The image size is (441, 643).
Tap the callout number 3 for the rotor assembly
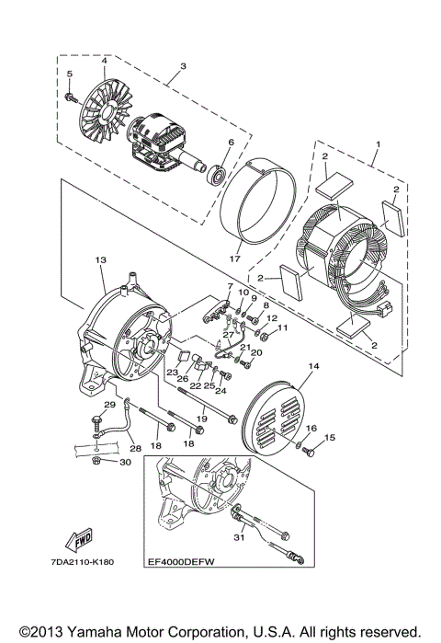183,66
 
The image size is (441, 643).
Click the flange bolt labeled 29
98,424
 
